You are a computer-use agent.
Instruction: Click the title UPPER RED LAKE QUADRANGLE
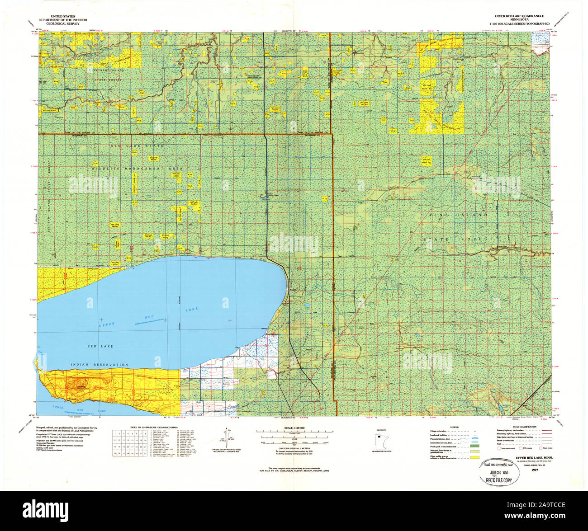522,15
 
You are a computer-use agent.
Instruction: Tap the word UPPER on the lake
108,325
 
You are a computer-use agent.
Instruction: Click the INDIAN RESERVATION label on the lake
99,364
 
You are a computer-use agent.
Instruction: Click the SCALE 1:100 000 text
294,428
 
